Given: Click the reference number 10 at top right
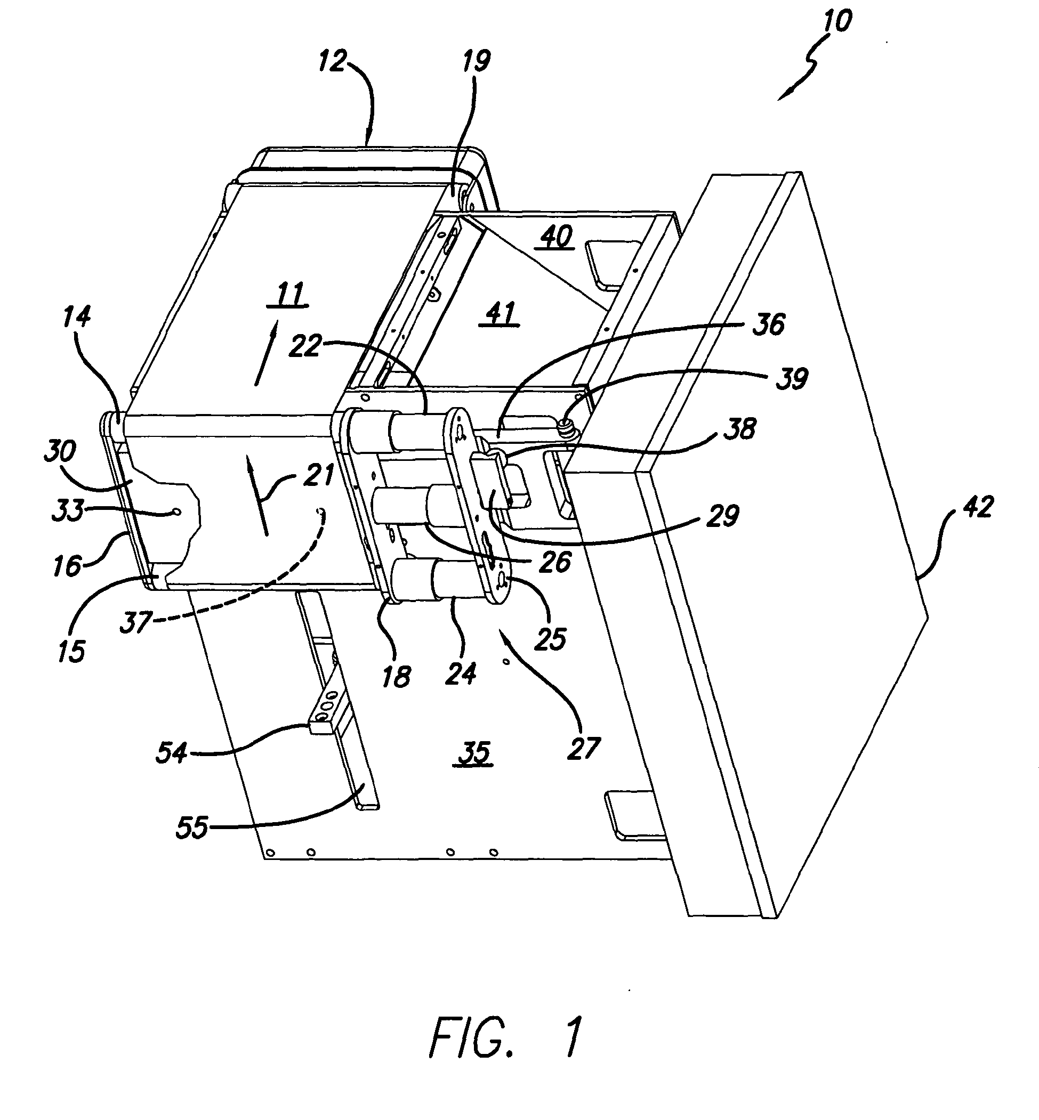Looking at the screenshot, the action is pyautogui.click(x=837, y=21).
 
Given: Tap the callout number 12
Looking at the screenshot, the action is pyautogui.click(x=332, y=61).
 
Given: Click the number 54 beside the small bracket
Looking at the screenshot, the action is pyautogui.click(x=172, y=752).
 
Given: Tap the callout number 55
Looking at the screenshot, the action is pyautogui.click(x=192, y=827).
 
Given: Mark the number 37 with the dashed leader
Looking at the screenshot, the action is pyautogui.click(x=136, y=622).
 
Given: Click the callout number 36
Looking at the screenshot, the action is pyautogui.click(x=769, y=324).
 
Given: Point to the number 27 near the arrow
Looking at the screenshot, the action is pyautogui.click(x=584, y=749).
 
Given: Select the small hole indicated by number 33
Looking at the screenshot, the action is pyautogui.click(x=177, y=512).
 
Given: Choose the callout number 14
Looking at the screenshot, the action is pyautogui.click(x=76, y=317).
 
